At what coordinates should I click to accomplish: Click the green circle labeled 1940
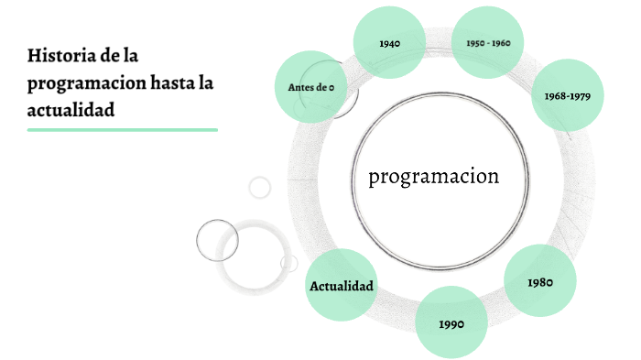coord(389,42)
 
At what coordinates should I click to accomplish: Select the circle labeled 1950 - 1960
coord(488,42)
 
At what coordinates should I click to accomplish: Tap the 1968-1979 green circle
coord(567,94)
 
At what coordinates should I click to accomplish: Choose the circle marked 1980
coord(540,281)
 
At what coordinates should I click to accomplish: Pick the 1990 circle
coord(451,322)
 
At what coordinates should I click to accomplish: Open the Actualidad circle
coord(342,286)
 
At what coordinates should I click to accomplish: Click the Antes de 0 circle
coord(310,87)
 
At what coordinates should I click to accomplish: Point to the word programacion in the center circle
coord(434,176)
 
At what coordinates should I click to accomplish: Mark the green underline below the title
coord(123,130)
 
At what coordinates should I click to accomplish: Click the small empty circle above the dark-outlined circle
coord(260,188)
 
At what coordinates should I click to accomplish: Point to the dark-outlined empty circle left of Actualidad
coord(217,240)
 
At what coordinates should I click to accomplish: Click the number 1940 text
coord(389,43)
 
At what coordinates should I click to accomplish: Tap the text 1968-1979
coord(567,95)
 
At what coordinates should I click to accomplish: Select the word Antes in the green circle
coord(300,87)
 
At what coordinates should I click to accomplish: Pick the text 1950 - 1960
coord(488,43)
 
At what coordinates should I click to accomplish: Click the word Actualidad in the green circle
coord(342,287)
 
